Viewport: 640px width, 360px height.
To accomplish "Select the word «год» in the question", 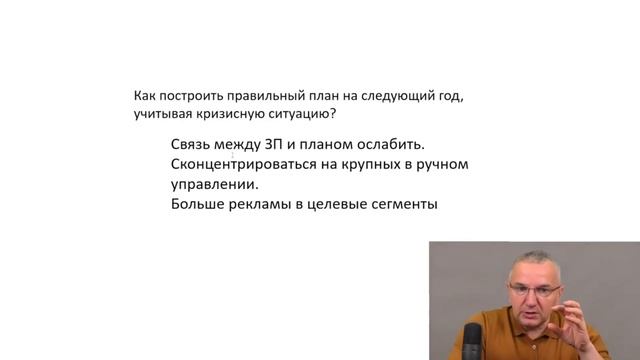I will pos(452,97).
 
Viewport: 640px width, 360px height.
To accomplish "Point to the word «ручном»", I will pos(445,164).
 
